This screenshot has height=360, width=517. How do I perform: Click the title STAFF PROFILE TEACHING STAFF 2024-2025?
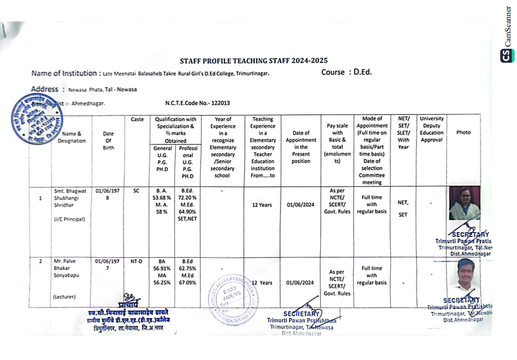[253, 61]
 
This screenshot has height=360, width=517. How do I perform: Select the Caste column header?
[137, 119]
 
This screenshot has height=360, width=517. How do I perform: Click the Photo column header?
[463, 132]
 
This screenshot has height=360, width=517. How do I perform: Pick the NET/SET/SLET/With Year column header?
[403, 133]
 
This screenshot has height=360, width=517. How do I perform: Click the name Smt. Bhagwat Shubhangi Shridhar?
[70, 197]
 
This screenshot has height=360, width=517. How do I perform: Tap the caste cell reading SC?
[137, 190]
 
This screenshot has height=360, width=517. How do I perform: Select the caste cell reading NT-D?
[136, 262]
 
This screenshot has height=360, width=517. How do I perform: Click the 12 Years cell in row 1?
[262, 205]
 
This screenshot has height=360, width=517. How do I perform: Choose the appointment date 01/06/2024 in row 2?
[300, 282]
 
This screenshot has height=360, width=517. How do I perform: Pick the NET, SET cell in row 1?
[403, 208]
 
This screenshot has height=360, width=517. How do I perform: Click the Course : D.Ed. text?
[346, 72]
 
